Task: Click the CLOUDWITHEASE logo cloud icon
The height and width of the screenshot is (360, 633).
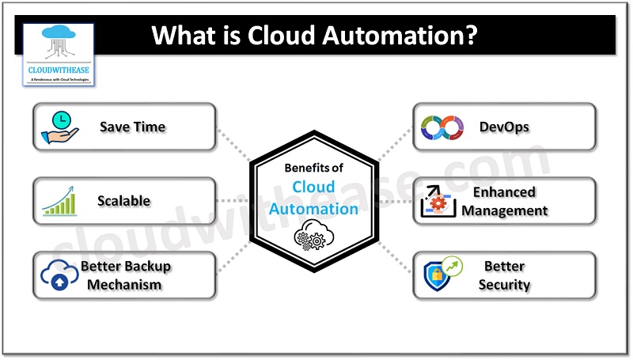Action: [59, 43]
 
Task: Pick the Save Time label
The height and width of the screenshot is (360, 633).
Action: [132, 127]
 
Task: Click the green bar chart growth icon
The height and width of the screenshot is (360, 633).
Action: [62, 201]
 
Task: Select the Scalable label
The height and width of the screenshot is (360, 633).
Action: [123, 201]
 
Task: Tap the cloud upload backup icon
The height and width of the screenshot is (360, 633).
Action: [60, 275]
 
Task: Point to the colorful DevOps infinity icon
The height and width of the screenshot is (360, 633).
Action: [441, 127]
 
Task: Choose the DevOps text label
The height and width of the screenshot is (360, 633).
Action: [504, 127]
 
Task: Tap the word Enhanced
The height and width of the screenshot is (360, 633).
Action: [504, 192]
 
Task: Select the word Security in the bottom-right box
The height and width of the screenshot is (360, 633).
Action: [504, 284]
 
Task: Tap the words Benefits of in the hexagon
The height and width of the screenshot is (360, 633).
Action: [314, 168]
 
